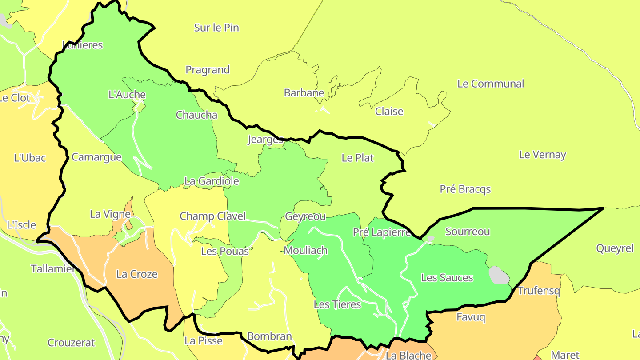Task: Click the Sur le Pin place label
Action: [216, 28]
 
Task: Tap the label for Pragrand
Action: [208, 70]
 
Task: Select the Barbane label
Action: [304, 93]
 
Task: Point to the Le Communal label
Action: [491, 84]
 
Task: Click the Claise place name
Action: [389, 111]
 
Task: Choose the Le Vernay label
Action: [542, 155]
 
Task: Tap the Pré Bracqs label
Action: [465, 189]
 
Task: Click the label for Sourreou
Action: [468, 231]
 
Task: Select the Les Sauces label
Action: [447, 278]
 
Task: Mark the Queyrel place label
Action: [615, 248]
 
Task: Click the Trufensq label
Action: [539, 291]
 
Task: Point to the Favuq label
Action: [471, 317]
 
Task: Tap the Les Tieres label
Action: [337, 304]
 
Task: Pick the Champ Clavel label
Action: [212, 216]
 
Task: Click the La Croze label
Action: [137, 274]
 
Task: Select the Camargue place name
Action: [96, 157]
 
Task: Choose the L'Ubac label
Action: [30, 157]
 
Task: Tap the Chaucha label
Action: [196, 115]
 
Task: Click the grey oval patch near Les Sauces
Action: [499, 275]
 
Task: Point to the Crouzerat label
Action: [71, 343]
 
